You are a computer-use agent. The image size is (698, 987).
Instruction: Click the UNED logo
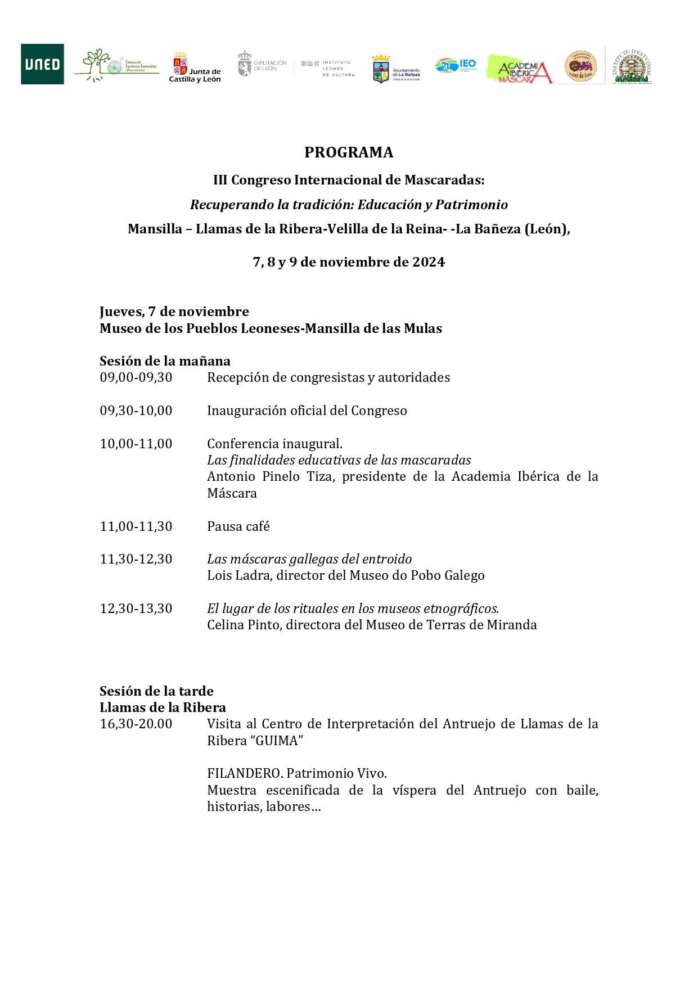click(42, 64)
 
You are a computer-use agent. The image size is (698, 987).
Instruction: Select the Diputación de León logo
click(262, 65)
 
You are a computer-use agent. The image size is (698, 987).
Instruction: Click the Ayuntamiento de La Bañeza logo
click(397, 69)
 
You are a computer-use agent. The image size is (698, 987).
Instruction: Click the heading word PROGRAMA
click(349, 152)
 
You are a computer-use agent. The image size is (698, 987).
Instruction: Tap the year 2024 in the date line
click(429, 262)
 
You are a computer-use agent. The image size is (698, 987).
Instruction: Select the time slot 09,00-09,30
click(136, 377)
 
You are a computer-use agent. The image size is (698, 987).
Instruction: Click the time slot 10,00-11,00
click(136, 444)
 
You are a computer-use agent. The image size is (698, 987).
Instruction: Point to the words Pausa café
click(238, 526)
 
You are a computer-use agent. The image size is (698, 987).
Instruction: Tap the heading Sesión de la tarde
click(156, 691)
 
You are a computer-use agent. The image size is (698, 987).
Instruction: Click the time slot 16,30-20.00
click(136, 724)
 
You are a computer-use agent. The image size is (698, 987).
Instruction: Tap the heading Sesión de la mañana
click(165, 361)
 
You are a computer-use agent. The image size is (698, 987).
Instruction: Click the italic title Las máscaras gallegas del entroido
click(309, 559)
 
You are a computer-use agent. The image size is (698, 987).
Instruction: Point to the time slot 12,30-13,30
click(136, 609)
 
